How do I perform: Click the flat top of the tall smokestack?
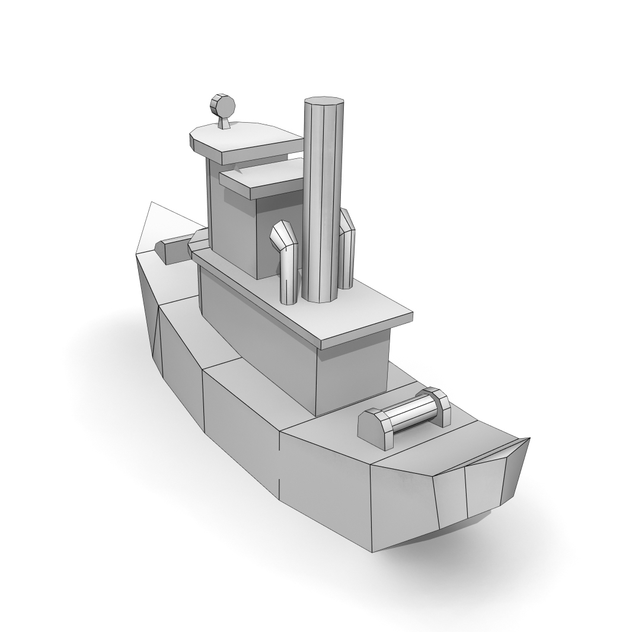pos(324,100)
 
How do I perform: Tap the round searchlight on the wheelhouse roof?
pos(223,106)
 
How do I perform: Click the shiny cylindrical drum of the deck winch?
pos(410,411)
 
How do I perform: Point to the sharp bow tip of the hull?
pos(152,203)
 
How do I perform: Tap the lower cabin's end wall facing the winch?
pos(353,374)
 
